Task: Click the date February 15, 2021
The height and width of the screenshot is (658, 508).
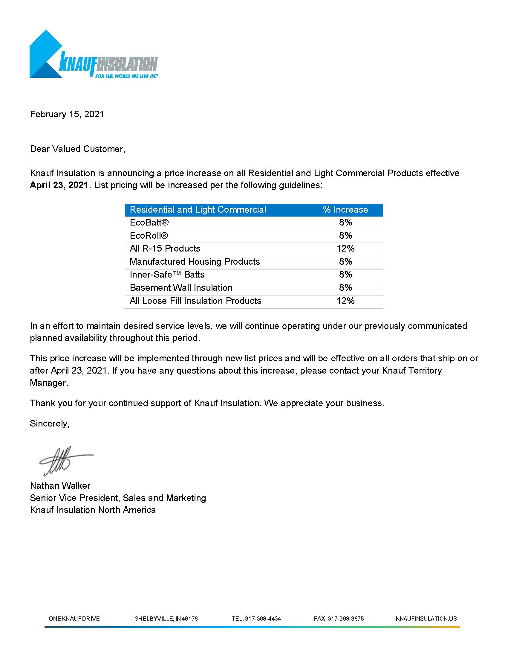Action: [x=67, y=114]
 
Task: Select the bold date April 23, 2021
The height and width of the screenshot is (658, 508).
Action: [x=59, y=185]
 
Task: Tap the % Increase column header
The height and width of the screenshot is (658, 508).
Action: [x=345, y=210]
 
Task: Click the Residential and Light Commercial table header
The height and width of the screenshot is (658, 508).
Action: [x=198, y=210]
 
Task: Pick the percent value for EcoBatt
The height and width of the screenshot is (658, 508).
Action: [x=345, y=223]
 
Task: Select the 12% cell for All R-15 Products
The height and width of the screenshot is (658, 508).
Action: [x=345, y=249]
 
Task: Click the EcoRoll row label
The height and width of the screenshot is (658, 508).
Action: [x=149, y=236]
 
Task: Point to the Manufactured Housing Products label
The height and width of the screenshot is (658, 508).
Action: [x=195, y=261]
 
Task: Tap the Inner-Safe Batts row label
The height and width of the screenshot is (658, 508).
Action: [x=167, y=275]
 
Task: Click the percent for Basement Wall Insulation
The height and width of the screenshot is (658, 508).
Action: [x=345, y=288]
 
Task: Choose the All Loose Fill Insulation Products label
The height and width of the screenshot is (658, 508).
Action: [x=195, y=301]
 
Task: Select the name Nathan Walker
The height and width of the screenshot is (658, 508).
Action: [x=60, y=485]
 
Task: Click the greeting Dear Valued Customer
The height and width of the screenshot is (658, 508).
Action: [x=77, y=149]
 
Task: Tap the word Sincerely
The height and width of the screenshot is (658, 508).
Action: [x=50, y=423]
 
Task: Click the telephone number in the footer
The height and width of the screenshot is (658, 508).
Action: [x=256, y=619]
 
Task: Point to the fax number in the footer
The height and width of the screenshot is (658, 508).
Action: [x=339, y=619]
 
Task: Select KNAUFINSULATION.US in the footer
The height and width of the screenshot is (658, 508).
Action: [x=426, y=619]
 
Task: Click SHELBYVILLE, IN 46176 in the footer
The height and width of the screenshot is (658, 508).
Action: [x=166, y=619]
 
